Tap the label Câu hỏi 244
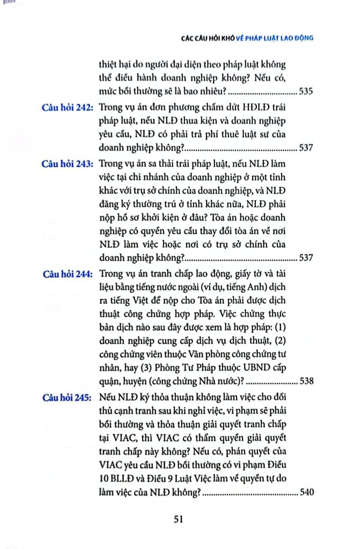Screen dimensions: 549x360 pyautogui.click(x=67, y=273)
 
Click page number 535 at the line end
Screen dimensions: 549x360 pyautogui.click(x=306, y=91)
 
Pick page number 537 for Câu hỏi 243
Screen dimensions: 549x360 pyautogui.click(x=306, y=258)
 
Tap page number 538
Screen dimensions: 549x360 pyautogui.click(x=306, y=383)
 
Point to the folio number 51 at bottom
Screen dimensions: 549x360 pyautogui.click(x=179, y=518)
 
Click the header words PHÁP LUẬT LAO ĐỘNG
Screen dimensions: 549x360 pyautogui.click(x=280, y=39)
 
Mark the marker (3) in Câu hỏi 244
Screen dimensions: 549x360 pyautogui.click(x=135, y=370)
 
